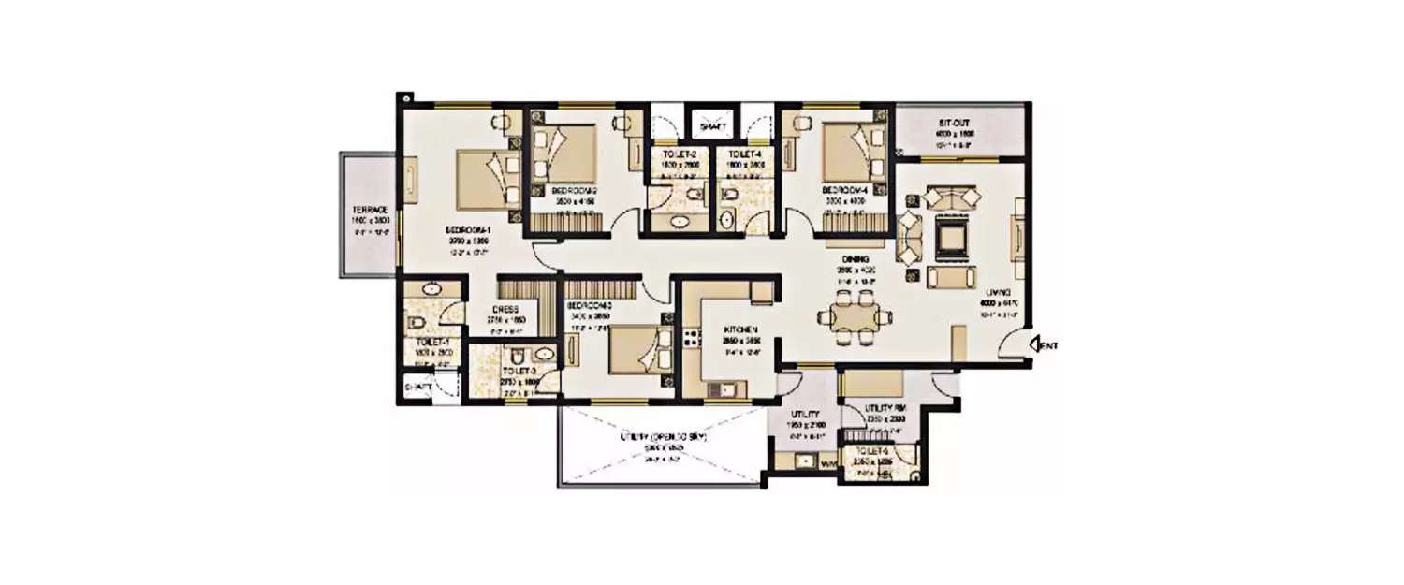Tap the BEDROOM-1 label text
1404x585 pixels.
tap(468, 229)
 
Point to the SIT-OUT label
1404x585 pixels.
tap(958, 123)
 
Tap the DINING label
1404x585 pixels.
tap(856, 258)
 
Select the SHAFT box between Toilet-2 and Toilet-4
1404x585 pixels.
tap(712, 123)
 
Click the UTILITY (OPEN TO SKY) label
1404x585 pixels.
tap(661, 437)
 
